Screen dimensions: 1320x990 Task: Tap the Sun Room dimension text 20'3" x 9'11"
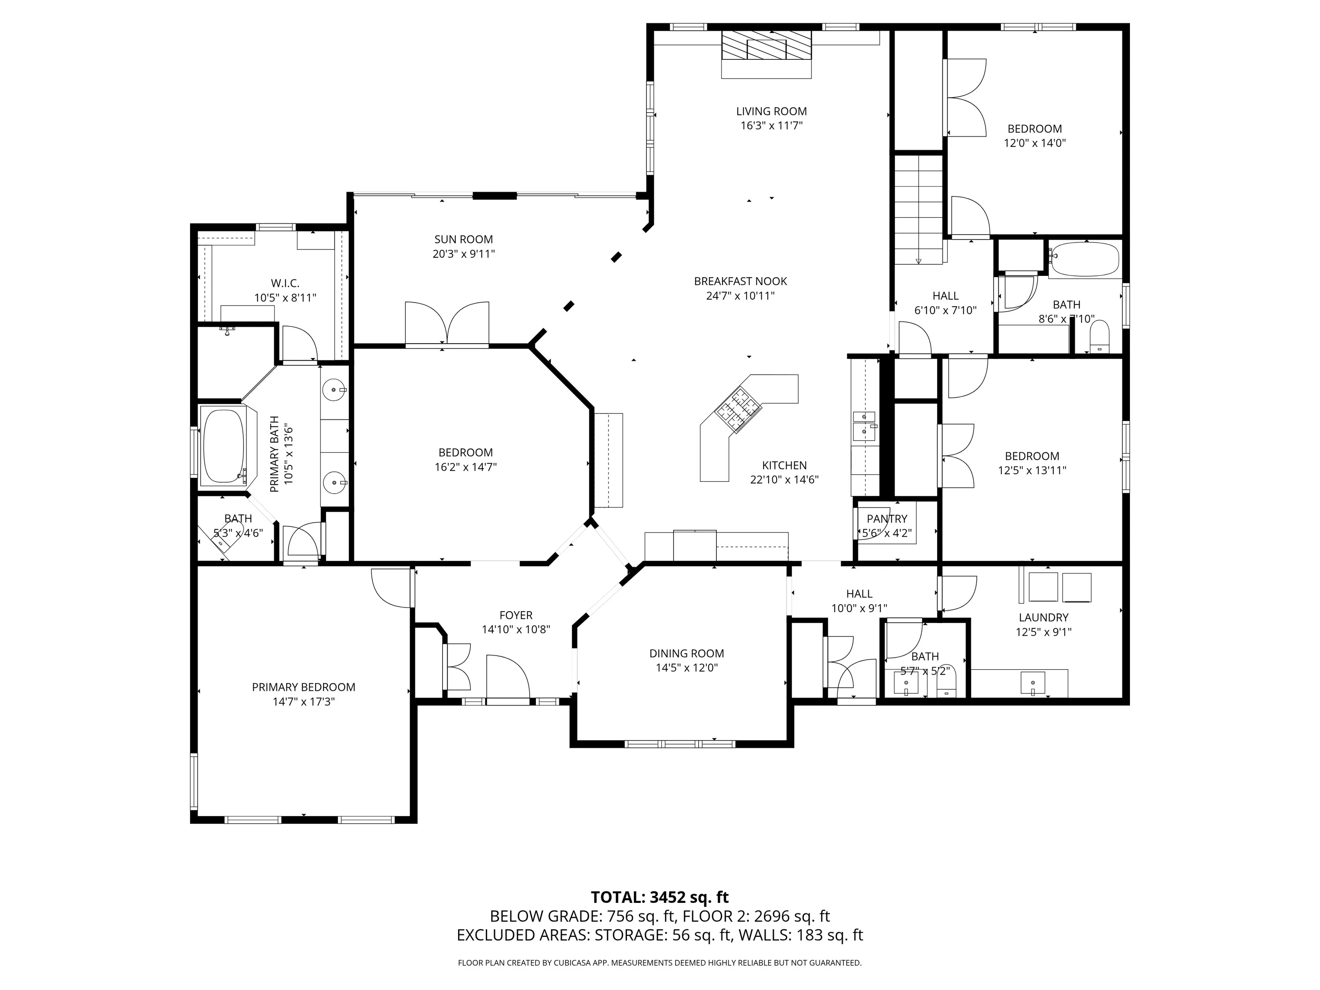(464, 253)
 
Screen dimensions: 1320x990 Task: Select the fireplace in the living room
(767, 54)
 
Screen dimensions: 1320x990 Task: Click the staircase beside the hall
(918, 209)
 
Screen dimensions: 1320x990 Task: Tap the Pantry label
(887, 519)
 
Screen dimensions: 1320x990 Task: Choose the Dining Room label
(687, 653)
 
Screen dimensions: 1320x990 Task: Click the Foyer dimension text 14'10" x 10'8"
(516, 629)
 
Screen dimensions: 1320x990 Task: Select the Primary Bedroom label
(304, 687)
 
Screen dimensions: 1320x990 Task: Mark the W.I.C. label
(285, 283)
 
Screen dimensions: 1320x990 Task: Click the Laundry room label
(1044, 617)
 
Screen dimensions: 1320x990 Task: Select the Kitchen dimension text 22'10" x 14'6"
(784, 479)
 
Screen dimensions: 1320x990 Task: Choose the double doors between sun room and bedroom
(447, 323)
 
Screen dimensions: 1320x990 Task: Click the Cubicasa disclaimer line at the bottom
(660, 963)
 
